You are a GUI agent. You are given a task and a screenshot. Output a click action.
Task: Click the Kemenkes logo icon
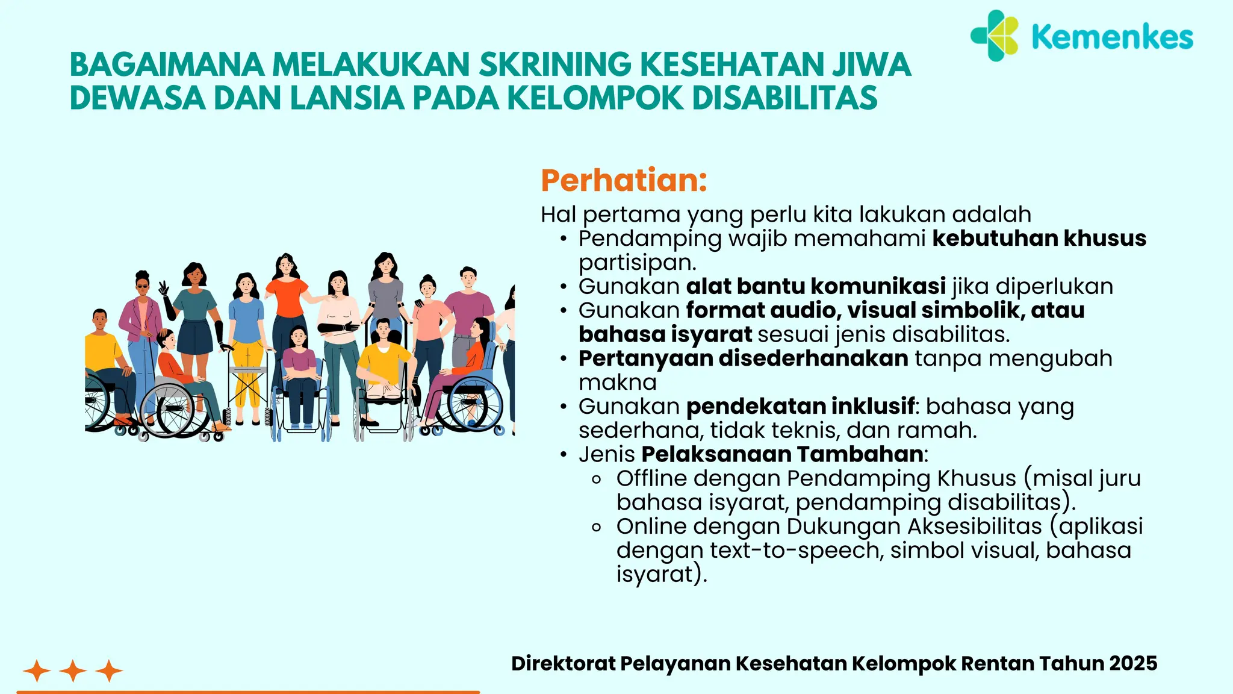click(995, 36)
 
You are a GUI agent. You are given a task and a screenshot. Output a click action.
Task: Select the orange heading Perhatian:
click(624, 180)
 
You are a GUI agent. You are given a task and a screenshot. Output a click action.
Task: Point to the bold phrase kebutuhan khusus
click(1039, 239)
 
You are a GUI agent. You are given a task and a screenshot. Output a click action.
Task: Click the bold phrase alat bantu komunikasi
click(816, 286)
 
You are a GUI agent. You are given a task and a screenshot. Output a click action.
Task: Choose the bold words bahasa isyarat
click(665, 334)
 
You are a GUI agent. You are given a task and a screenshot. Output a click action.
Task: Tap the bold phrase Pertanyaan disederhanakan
click(743, 358)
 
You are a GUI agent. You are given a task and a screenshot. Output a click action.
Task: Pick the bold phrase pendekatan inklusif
click(800, 407)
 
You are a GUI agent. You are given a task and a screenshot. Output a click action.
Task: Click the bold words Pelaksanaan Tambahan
click(782, 454)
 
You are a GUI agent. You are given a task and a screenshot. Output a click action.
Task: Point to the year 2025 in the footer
click(1133, 663)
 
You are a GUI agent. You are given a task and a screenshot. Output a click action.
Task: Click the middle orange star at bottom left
click(73, 671)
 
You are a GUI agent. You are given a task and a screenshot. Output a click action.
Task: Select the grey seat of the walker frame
click(247, 369)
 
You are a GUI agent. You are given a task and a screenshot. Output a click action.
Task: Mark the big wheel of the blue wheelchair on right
click(476, 404)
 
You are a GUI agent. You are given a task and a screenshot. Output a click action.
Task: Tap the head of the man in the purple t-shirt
click(468, 278)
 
